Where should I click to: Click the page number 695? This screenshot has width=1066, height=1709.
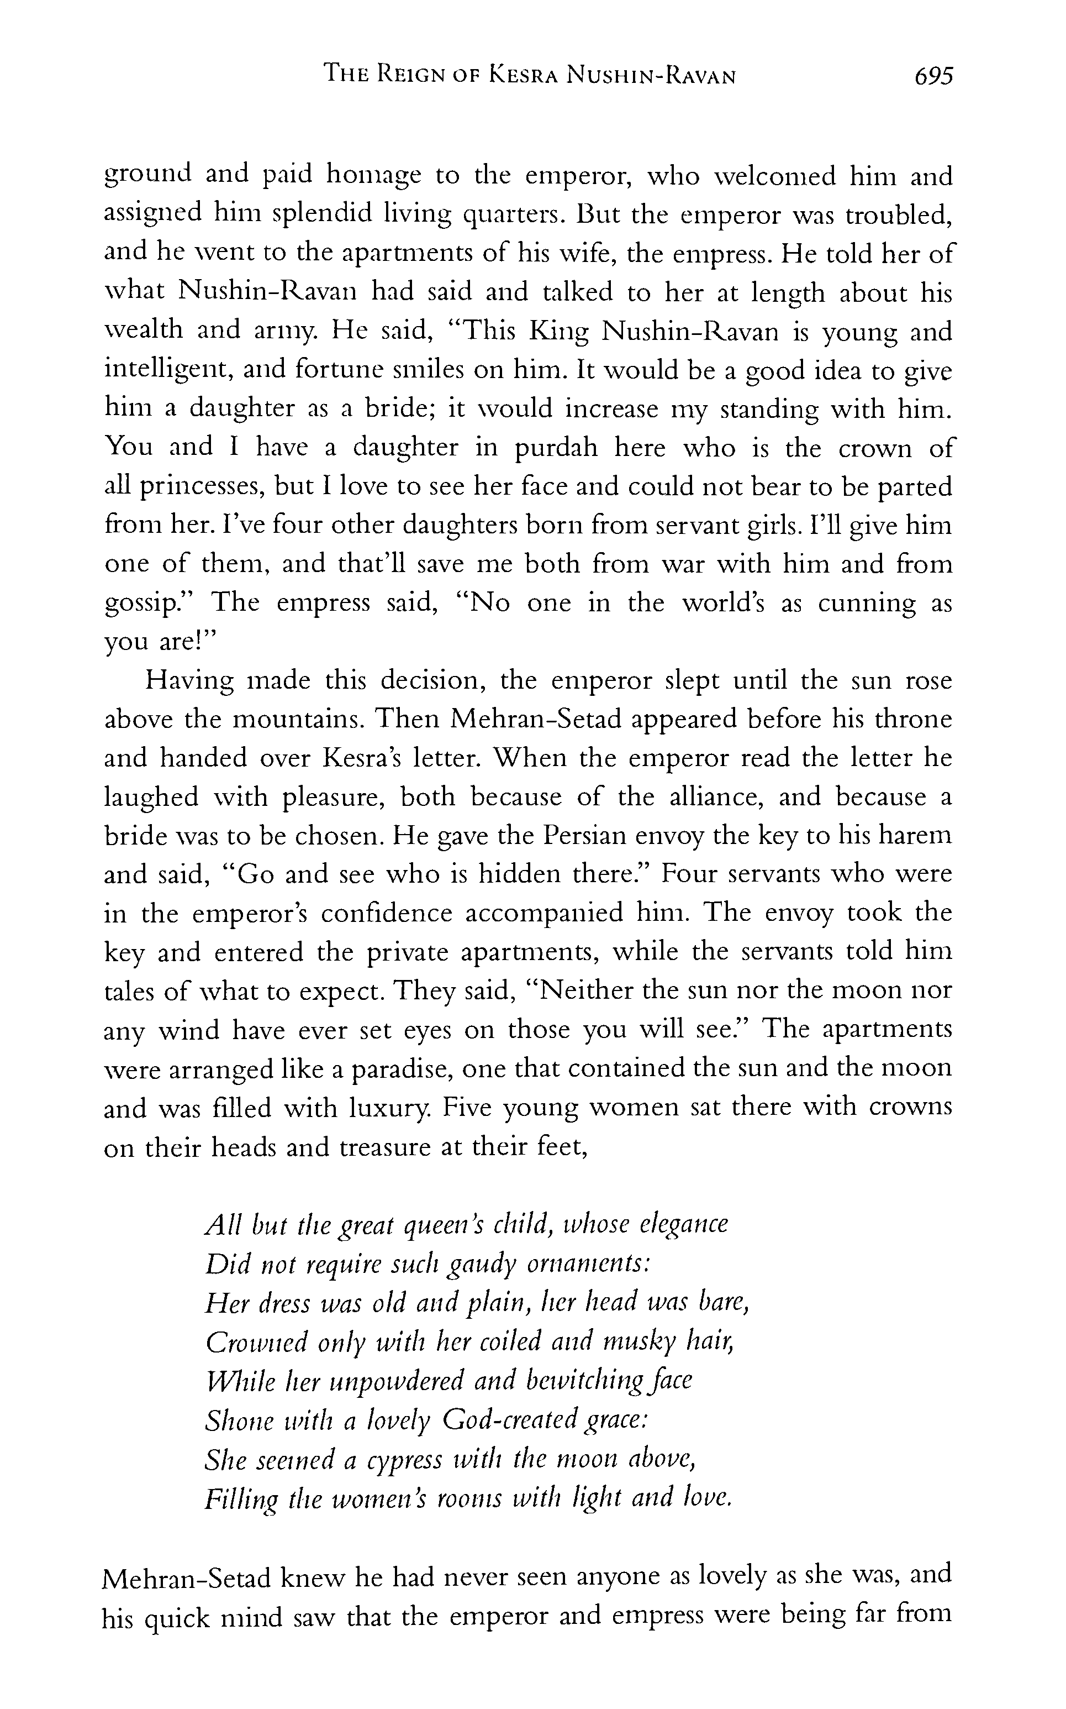pos(933,76)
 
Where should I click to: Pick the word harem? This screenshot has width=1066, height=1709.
pos(917,836)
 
